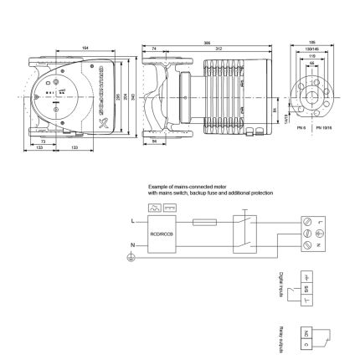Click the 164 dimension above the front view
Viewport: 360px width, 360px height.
pyautogui.click(x=86, y=48)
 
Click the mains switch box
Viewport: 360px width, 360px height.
pyautogui.click(x=245, y=234)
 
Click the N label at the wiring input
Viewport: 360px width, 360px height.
pyautogui.click(x=132, y=244)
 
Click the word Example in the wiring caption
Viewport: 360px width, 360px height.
pyautogui.click(x=157, y=188)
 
